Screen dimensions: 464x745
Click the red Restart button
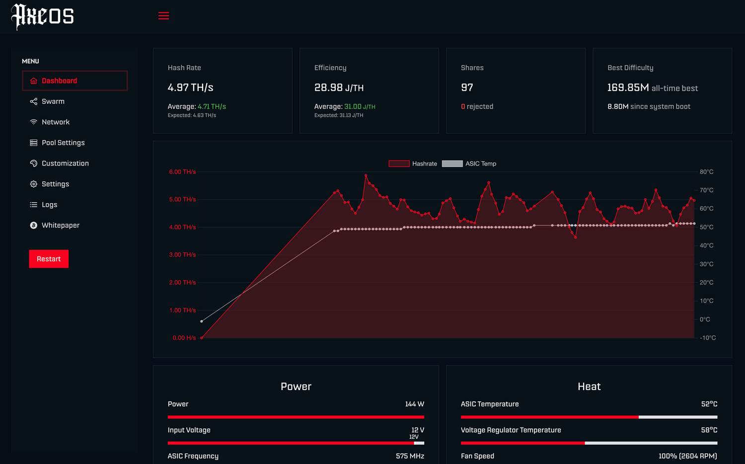(49, 259)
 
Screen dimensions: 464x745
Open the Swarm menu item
(53, 101)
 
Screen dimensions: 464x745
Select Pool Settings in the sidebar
(63, 143)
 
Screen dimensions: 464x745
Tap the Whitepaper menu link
(60, 225)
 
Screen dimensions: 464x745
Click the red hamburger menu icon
(163, 16)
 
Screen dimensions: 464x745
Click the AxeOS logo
(43, 16)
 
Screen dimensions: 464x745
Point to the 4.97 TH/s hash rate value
(190, 87)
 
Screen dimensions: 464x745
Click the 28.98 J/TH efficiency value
(339, 87)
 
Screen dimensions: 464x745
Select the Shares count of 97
(467, 87)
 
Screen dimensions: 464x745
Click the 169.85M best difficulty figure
(628, 87)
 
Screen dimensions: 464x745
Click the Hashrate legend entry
(413, 163)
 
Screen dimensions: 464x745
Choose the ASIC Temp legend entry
(469, 163)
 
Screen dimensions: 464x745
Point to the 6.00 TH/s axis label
(182, 172)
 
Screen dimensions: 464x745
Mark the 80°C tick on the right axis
(706, 172)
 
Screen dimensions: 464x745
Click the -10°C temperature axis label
(708, 338)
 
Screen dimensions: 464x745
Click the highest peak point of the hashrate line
(366, 175)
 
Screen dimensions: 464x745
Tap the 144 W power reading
(414, 404)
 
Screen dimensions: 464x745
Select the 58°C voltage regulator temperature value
(709, 430)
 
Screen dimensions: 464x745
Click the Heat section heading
(589, 387)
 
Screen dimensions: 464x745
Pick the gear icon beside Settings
(34, 184)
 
